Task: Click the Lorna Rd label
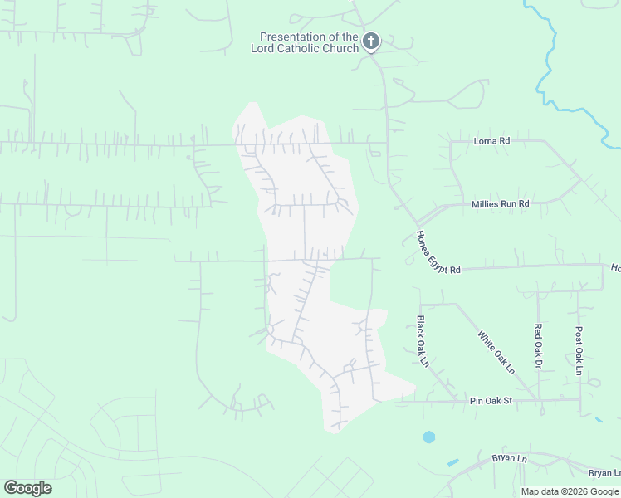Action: point(491,141)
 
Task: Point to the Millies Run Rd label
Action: point(500,203)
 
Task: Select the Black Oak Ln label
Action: point(423,340)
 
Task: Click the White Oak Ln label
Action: point(496,352)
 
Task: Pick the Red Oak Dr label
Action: point(538,346)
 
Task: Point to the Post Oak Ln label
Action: point(579,349)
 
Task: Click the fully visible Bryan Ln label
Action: point(510,458)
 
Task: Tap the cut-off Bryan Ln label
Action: point(604,473)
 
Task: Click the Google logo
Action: point(27,488)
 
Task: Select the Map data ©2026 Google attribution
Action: point(570,491)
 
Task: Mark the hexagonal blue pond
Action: point(428,437)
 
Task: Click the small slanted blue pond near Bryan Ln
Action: point(452,461)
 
